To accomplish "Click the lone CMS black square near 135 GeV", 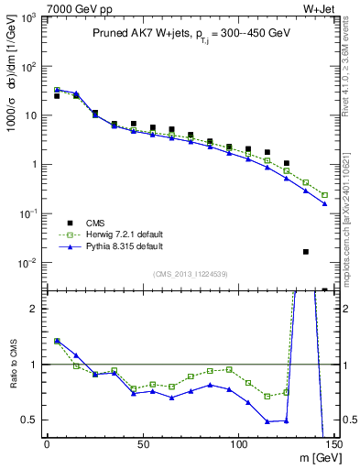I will tap(306, 251).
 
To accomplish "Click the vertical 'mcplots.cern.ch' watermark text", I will tap(352, 221).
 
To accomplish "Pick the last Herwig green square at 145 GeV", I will tap(325, 195).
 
